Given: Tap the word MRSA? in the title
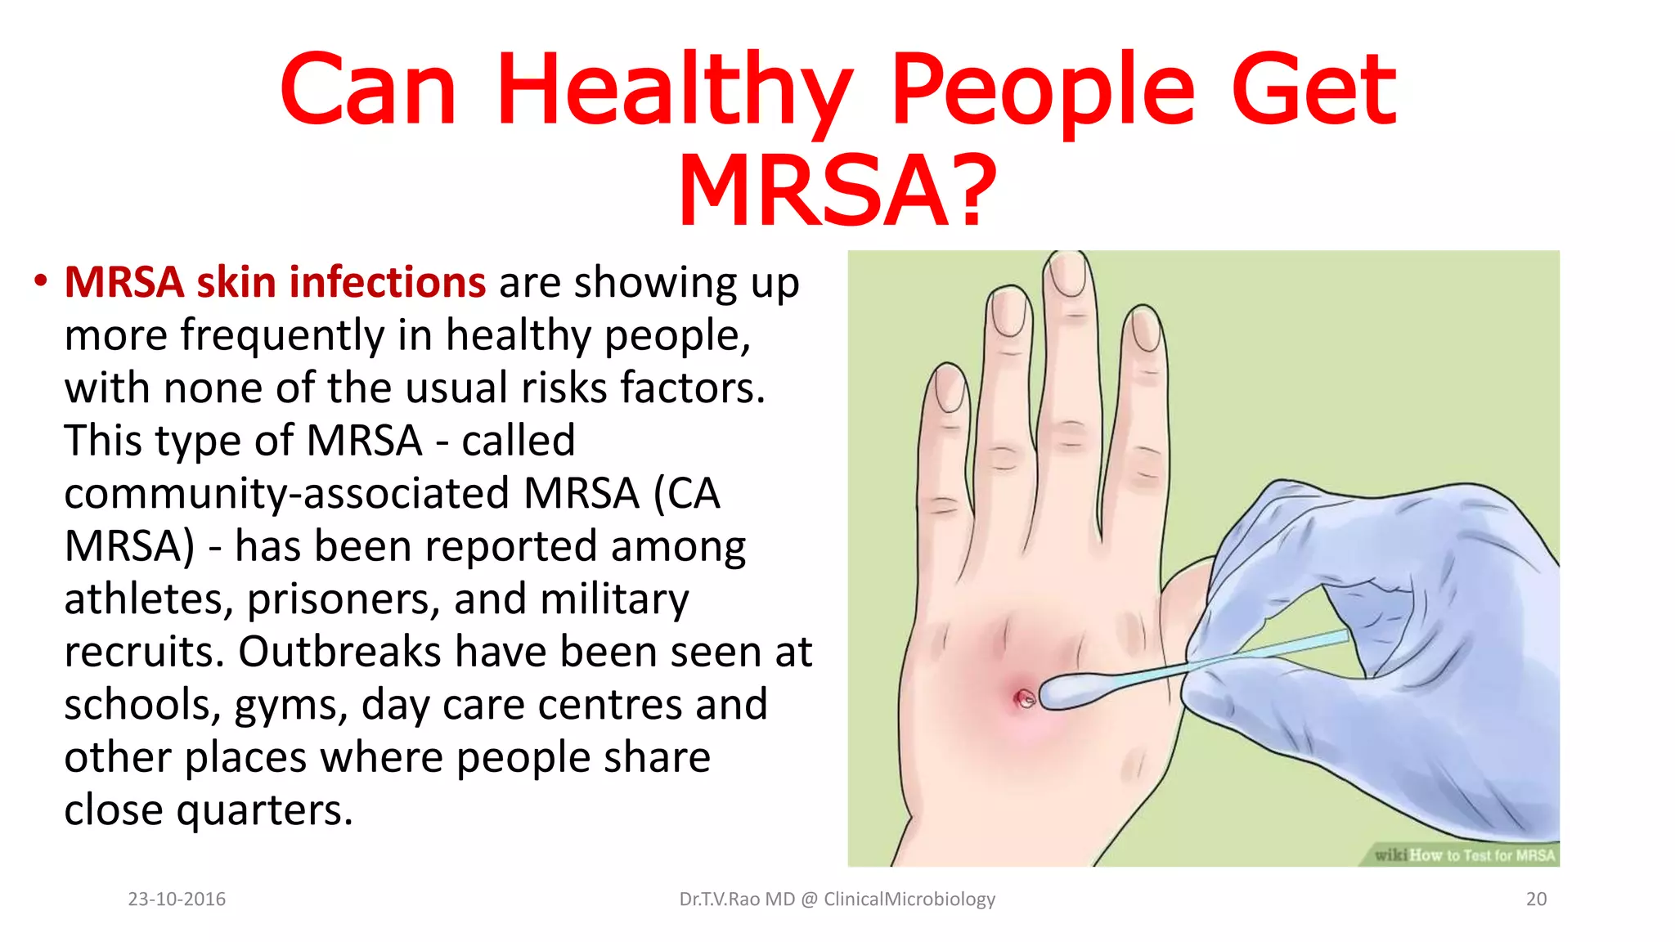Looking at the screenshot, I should (837, 191).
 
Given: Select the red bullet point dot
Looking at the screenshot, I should (40, 281).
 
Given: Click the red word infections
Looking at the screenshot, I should (388, 283).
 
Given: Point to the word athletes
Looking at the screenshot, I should (143, 599).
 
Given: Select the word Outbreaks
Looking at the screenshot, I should (339, 652).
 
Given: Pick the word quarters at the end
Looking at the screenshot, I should (264, 810).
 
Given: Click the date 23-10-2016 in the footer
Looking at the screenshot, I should (177, 899).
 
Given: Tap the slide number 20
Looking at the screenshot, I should (1536, 899).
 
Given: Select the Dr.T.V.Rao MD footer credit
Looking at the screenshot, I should (837, 899).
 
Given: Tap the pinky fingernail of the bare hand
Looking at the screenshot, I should (950, 388).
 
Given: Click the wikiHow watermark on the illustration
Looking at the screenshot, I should (1464, 855).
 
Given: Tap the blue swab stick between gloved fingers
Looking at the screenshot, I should (1276, 652).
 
